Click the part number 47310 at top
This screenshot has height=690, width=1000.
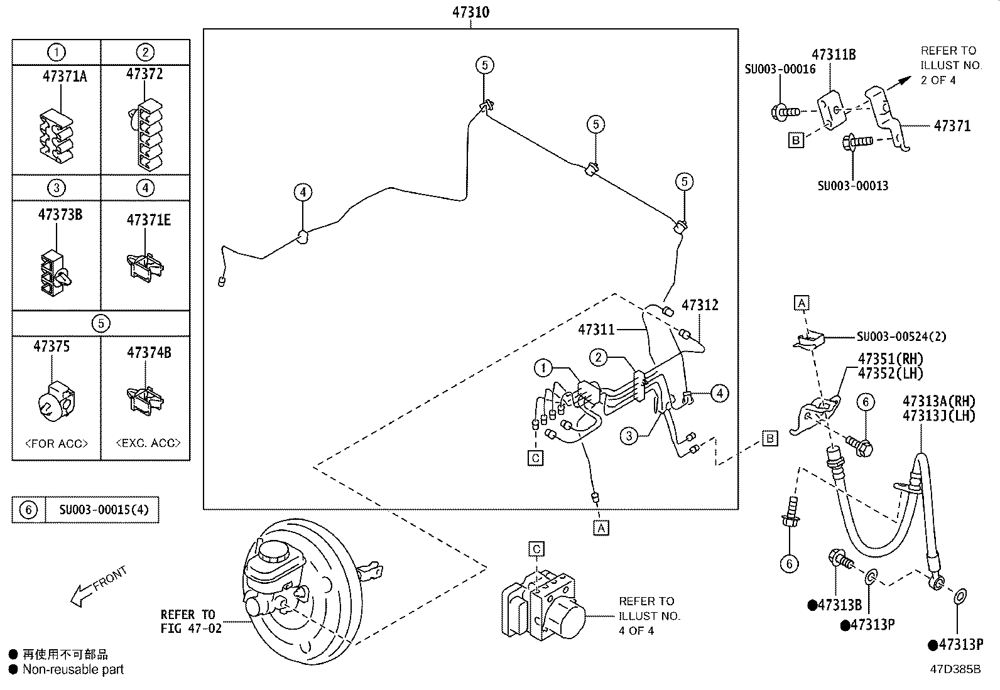470,12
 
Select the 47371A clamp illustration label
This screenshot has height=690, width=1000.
64,77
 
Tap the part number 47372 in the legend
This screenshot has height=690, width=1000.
144,74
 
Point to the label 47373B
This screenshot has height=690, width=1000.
60,215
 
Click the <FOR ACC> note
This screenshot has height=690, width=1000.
57,443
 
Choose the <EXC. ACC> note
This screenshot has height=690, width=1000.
148,443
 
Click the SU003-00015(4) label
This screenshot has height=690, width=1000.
104,510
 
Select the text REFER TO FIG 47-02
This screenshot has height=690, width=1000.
191,621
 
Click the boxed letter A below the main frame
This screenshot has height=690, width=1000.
601,528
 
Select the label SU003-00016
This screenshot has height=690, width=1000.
780,69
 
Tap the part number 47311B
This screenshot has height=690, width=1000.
833,55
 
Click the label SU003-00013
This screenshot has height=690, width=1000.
852,186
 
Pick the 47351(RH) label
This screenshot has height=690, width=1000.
891,359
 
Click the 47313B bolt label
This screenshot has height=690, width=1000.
839,605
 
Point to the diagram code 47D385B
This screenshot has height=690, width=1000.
955,669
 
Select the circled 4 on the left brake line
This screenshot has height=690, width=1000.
303,192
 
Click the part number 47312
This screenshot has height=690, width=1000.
700,305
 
